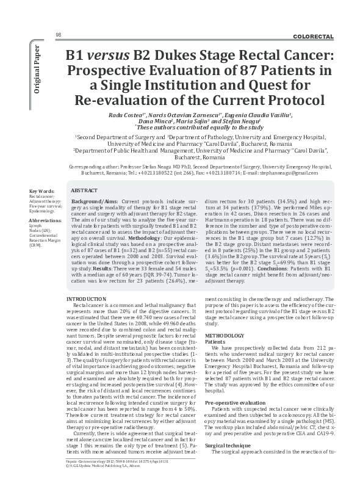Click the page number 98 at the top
tap(58, 34)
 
